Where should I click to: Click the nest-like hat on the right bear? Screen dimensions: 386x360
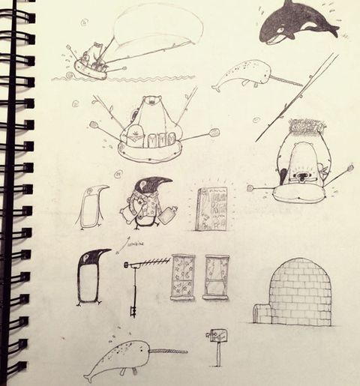click(304, 128)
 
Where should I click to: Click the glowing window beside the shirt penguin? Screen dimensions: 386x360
click(212, 208)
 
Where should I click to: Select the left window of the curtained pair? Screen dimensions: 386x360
click(183, 277)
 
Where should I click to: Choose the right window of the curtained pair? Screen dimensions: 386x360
click(217, 277)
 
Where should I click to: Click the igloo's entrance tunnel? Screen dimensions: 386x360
click(262, 312)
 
